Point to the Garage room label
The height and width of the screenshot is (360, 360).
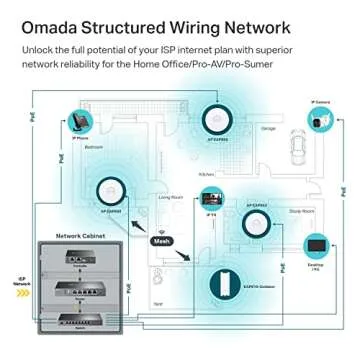point(267,128)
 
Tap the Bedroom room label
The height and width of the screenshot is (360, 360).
point(93,147)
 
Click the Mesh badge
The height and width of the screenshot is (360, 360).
point(161,241)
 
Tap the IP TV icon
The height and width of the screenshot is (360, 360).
point(211,203)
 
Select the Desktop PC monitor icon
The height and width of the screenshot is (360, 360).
point(317,245)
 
